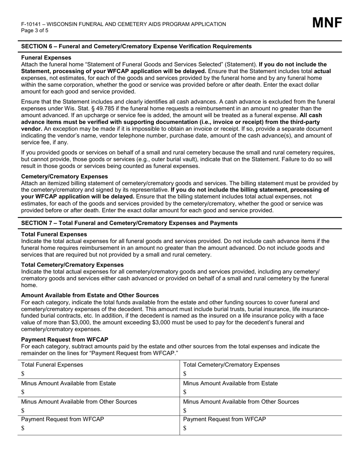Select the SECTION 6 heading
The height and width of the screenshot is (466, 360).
(x=136, y=46)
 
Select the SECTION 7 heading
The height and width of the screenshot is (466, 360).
(x=129, y=223)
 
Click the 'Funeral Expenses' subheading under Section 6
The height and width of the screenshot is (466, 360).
(x=46, y=58)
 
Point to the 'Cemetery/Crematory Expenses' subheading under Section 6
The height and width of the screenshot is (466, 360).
(x=64, y=177)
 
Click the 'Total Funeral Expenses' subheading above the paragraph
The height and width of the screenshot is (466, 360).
(x=54, y=235)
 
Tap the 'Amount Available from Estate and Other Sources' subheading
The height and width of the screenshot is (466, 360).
(x=90, y=295)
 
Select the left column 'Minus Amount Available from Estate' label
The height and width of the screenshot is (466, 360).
(x=68, y=383)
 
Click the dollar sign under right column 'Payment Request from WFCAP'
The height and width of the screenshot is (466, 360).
(x=185, y=428)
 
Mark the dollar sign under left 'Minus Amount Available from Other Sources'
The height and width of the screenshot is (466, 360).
(x=23, y=410)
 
